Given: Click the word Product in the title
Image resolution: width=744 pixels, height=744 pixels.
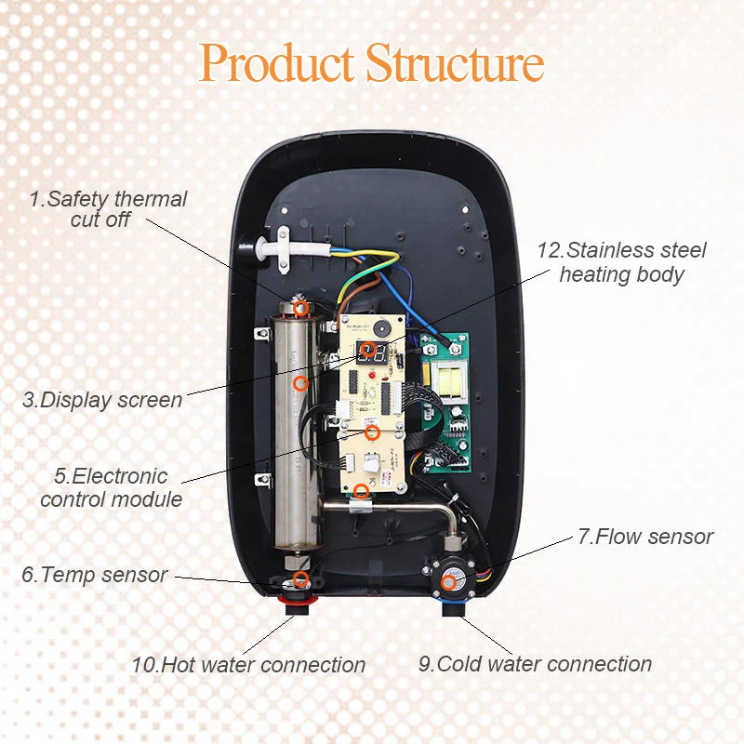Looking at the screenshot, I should click(277, 63).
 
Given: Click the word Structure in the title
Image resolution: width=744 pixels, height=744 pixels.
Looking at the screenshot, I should click(455, 63).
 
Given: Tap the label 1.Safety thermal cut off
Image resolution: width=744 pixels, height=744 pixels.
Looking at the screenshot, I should click(107, 209).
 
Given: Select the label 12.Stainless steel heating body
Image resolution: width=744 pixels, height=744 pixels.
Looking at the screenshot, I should click(622, 262).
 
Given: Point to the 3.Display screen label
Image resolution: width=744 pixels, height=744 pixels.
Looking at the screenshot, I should click(102, 401).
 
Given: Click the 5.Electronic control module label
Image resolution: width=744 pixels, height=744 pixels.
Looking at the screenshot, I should click(111, 487).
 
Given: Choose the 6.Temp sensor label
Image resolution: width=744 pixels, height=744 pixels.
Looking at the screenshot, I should click(94, 575).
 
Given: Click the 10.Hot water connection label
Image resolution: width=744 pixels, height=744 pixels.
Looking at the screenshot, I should click(248, 665).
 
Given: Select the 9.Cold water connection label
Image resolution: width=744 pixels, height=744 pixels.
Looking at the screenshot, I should click(534, 664).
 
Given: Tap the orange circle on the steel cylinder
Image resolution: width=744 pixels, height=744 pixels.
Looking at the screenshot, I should click(299, 382).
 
